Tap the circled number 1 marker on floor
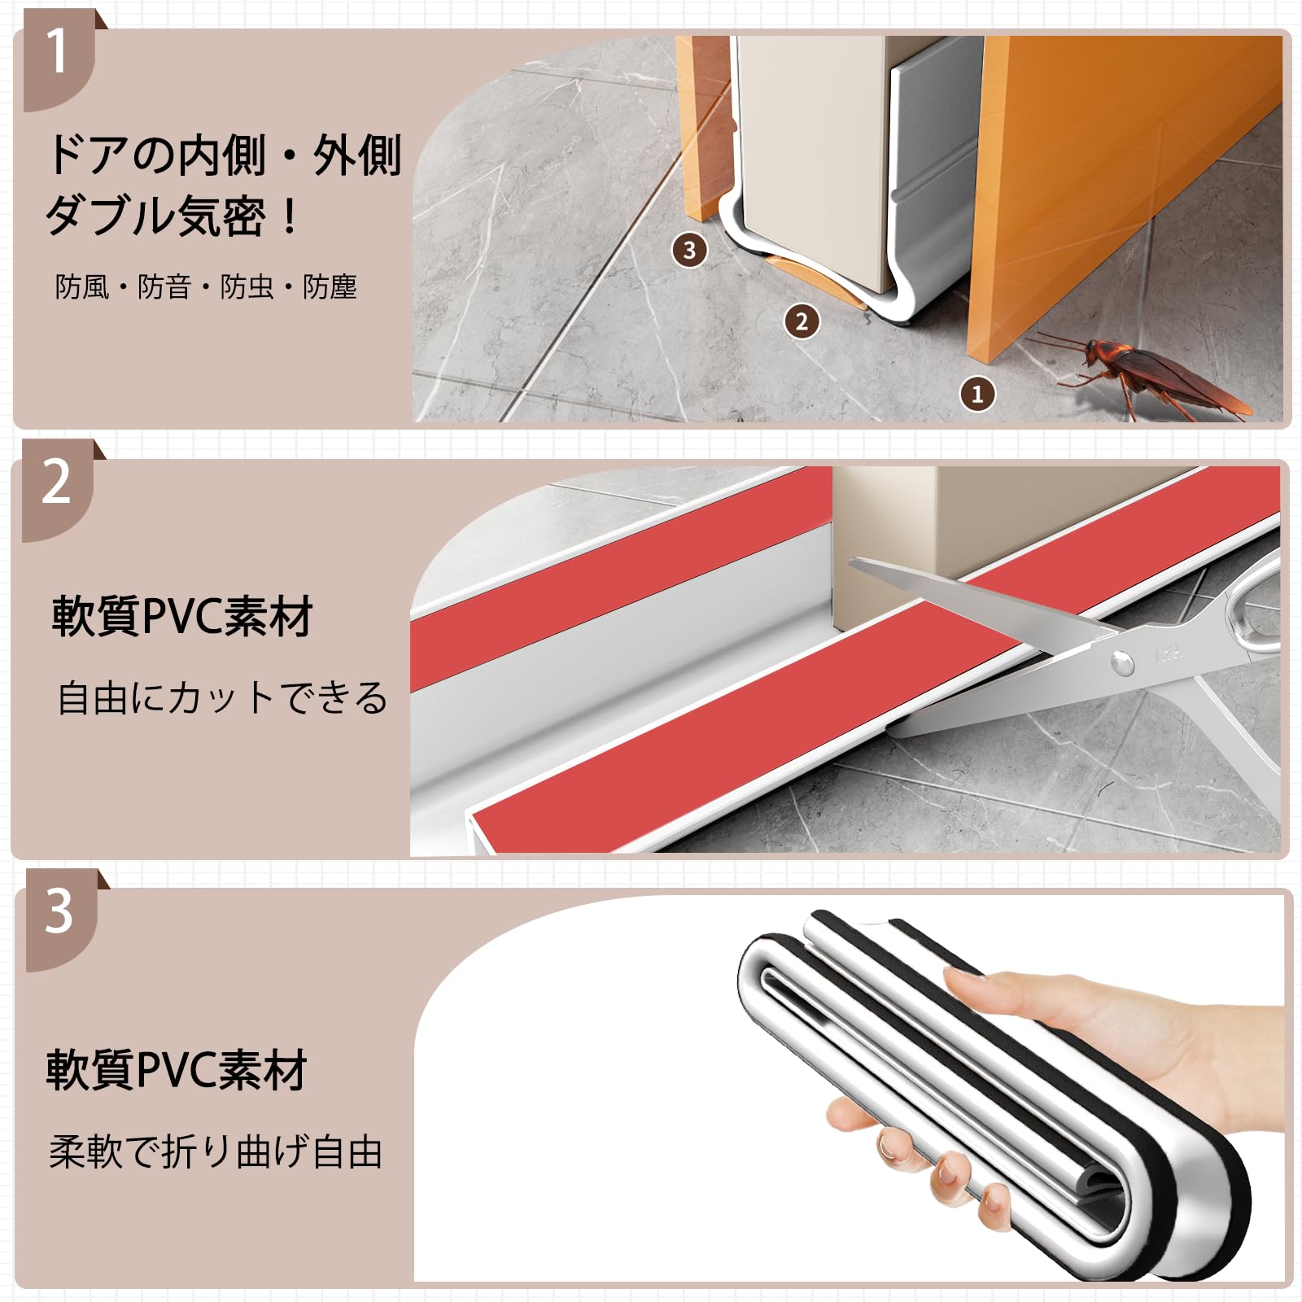coord(977,395)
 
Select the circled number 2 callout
coord(802,321)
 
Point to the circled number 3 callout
coord(689,250)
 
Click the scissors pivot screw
coord(1122,664)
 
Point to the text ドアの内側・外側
coord(224,155)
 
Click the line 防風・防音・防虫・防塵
coord(206,287)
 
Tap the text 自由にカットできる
coord(222,698)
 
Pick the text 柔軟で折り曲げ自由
coord(216,1152)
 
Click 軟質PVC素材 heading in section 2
coord(183,617)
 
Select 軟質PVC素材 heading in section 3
coord(177,1070)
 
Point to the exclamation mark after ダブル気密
coord(289,216)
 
